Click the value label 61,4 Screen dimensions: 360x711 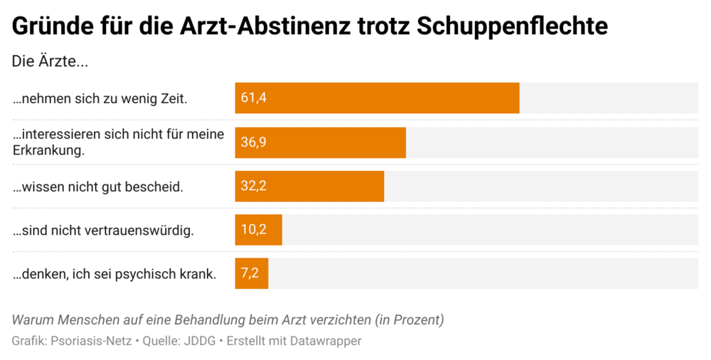253,98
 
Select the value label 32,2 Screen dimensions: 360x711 253,186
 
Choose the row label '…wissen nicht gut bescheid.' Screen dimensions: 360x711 98,187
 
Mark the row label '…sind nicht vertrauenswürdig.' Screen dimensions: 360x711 103,231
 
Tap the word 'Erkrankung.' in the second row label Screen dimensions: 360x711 48,150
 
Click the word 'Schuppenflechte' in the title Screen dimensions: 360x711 512,26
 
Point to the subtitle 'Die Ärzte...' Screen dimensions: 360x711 50,61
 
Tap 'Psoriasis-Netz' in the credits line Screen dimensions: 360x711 91,341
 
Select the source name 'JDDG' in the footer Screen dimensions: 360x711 201,341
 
